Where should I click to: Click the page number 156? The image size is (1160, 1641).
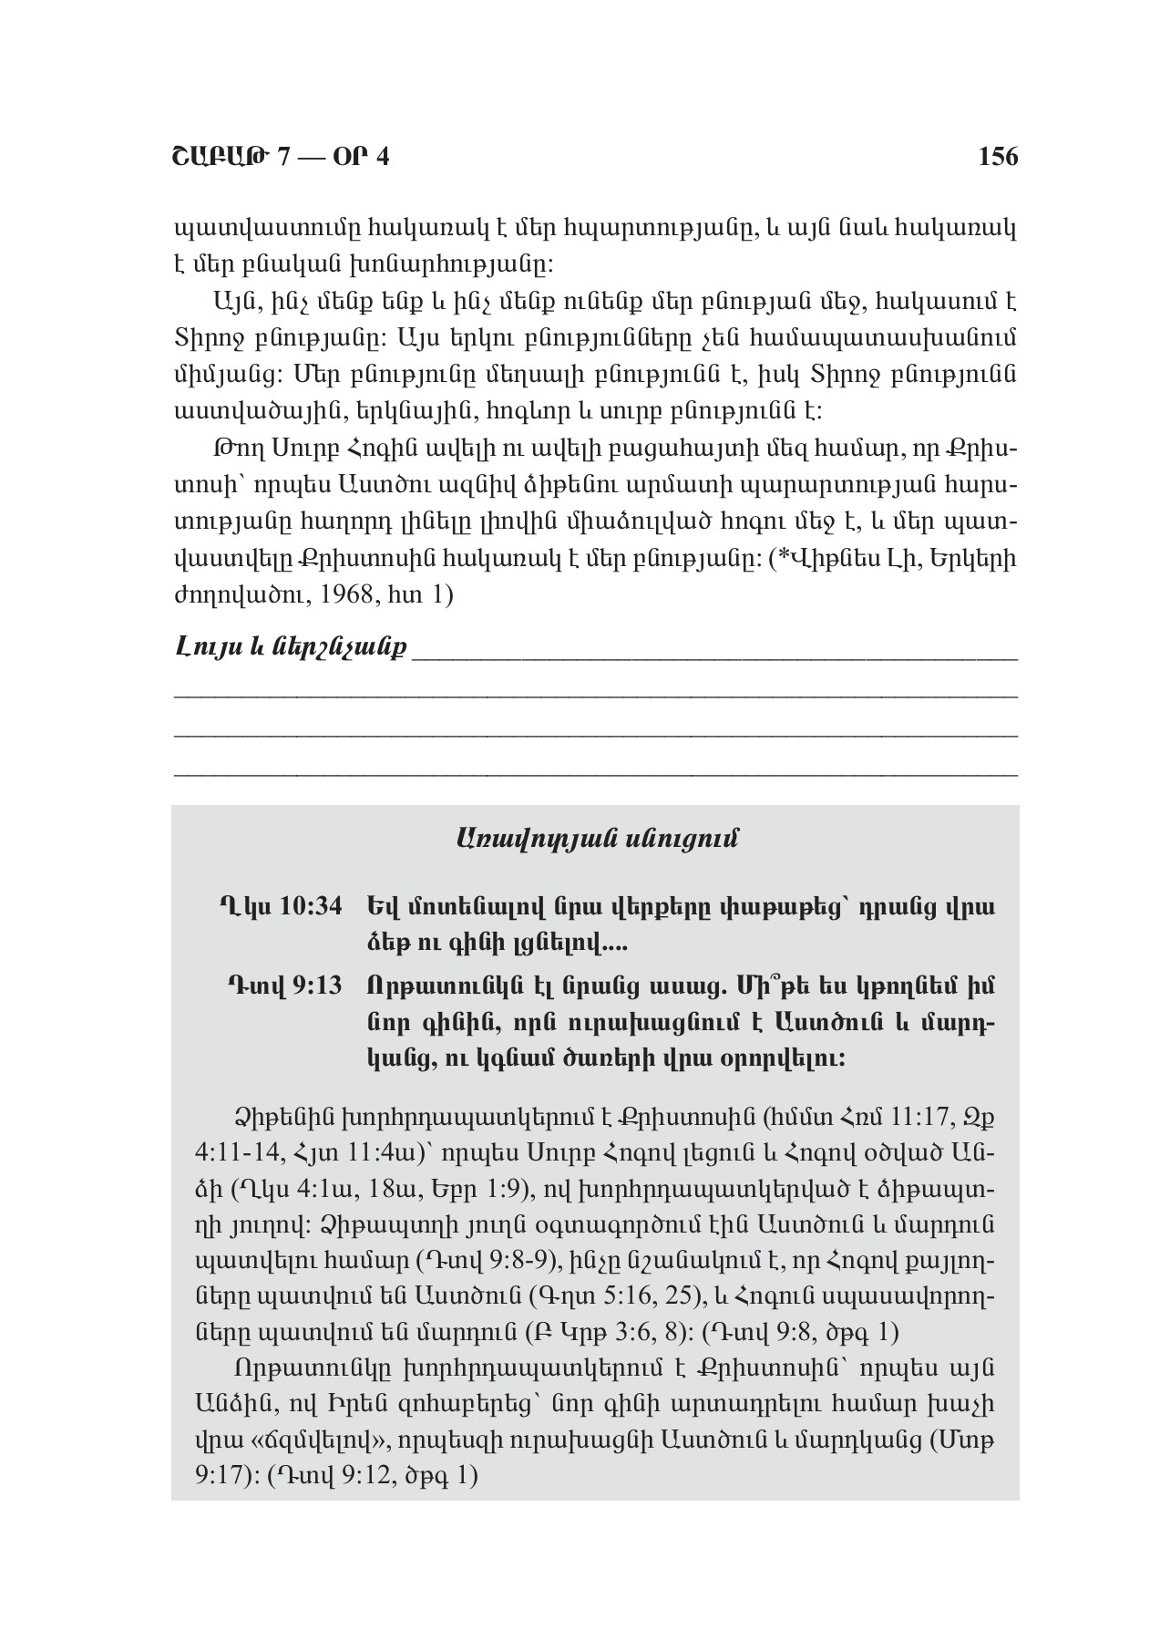[998, 157]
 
